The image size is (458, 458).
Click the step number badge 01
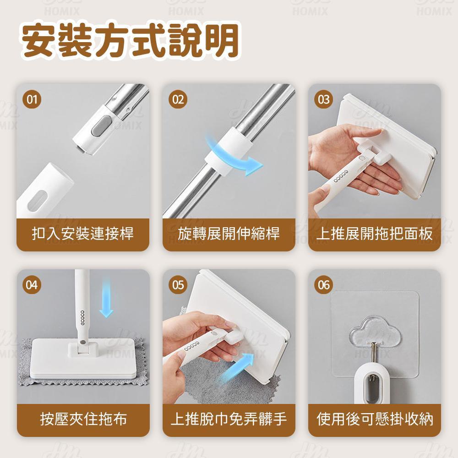click(x=32, y=99)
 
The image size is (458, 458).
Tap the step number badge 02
click(x=178, y=99)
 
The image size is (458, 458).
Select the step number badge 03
click(x=324, y=99)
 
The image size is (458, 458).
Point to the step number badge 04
click(x=32, y=285)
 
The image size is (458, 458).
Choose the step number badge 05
click(x=178, y=285)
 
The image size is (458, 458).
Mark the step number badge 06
click(x=324, y=285)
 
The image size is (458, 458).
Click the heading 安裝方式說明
click(x=131, y=41)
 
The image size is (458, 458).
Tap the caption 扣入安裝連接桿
click(x=82, y=234)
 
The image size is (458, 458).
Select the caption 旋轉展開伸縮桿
click(x=229, y=234)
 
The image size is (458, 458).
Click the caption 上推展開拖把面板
click(x=375, y=234)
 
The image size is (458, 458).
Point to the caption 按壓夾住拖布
click(x=83, y=419)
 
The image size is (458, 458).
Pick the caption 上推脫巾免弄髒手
click(x=229, y=419)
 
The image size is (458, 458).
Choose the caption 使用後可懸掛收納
click(x=375, y=419)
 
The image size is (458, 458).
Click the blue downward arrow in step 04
click(x=106, y=297)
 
